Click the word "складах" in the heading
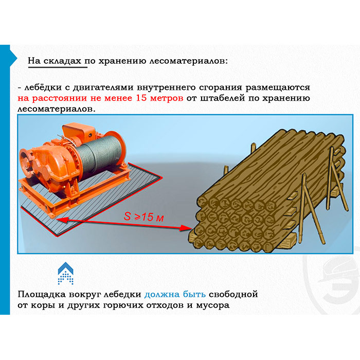[x=62, y=61]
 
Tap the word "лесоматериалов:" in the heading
[x=189, y=61]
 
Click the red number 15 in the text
[x=141, y=98]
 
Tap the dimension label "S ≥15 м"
[x=143, y=217]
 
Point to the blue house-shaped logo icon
[x=66, y=273]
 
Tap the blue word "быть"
[x=194, y=294]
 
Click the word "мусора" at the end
[x=213, y=305]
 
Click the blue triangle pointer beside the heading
[x=13, y=58]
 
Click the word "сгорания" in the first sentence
[x=221, y=87]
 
